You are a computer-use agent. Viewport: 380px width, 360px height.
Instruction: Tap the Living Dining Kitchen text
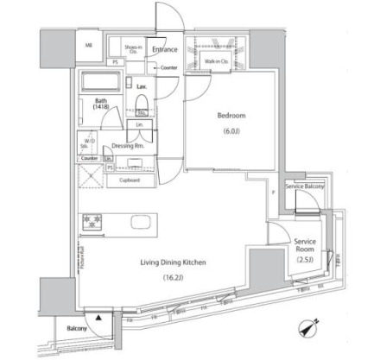click(x=171, y=262)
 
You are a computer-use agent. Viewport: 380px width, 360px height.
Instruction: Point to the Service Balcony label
click(x=303, y=186)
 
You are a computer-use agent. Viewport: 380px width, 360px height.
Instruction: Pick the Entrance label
click(x=165, y=50)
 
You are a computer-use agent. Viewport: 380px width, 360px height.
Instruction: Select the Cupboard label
click(x=130, y=179)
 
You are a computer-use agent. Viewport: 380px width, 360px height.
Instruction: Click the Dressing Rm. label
click(x=127, y=146)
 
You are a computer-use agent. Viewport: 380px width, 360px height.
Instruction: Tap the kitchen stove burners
click(x=92, y=223)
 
